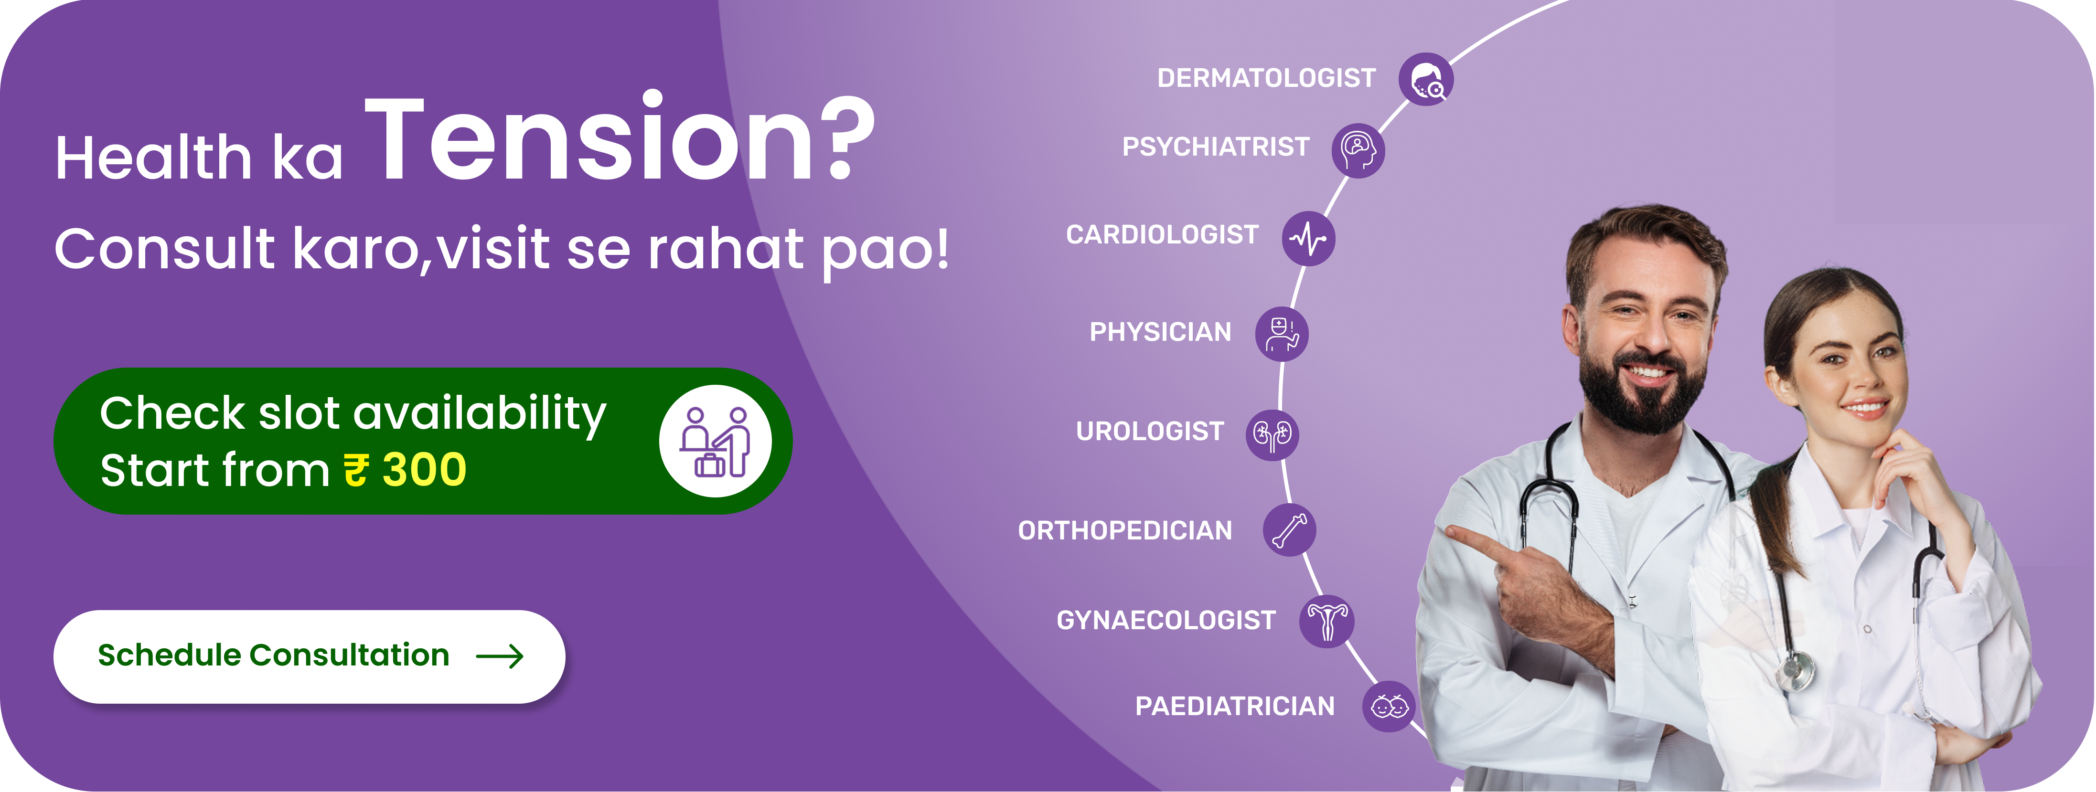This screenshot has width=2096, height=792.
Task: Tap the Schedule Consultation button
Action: click(309, 656)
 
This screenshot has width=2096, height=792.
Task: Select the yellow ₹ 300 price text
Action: click(405, 470)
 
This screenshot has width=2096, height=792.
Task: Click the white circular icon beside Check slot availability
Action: click(715, 441)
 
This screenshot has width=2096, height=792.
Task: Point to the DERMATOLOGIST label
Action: click(1266, 78)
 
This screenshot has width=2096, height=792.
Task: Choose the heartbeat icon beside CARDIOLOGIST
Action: click(1308, 239)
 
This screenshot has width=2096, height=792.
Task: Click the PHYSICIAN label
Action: click(1160, 332)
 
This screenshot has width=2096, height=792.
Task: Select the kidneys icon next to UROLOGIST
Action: click(1273, 434)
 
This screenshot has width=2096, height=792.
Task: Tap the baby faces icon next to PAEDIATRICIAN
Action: click(1389, 707)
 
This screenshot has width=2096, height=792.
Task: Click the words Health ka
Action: click(199, 157)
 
